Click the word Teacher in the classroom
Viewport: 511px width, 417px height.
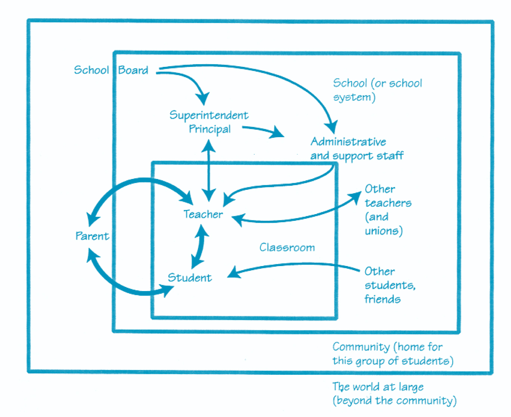[x=203, y=214]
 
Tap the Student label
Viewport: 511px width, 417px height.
[x=190, y=278]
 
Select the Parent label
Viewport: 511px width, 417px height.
[x=92, y=236]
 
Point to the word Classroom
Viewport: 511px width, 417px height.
[x=287, y=247]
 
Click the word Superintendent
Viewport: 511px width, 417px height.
[x=209, y=115]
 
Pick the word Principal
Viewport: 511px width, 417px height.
[x=210, y=129]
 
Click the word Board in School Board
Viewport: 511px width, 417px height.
[x=133, y=70]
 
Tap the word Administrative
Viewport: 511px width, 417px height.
[x=348, y=142]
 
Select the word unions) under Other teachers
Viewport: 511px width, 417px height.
[x=384, y=231]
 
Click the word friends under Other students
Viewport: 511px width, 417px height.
[x=383, y=299]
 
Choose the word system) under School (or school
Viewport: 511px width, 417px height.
[x=354, y=98]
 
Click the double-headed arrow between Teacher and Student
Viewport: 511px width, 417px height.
[x=200, y=247]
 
